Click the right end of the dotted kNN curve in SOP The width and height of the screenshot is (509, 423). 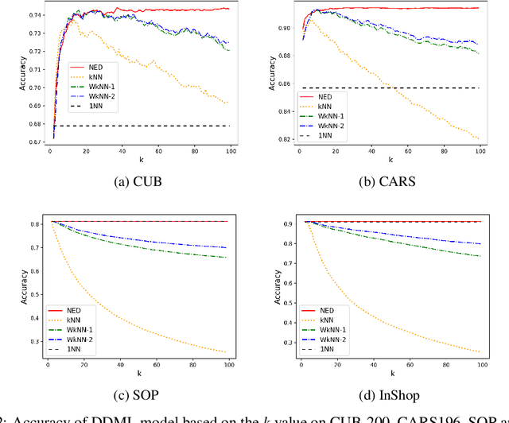coord(226,352)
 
